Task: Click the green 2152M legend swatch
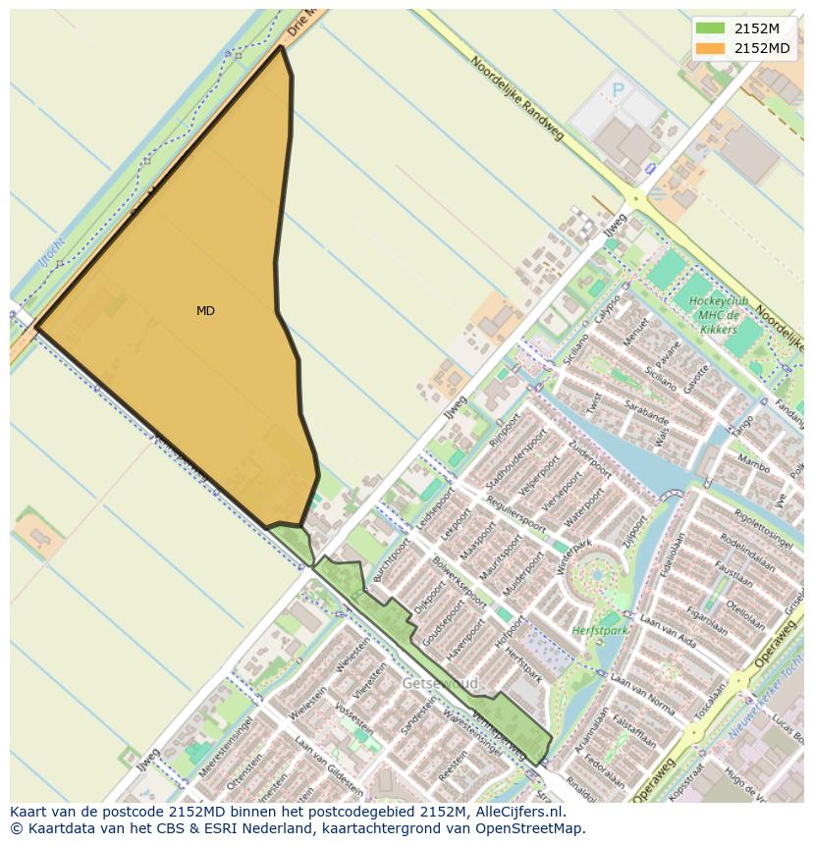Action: pyautogui.click(x=709, y=27)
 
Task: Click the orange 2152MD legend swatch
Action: pyautogui.click(x=709, y=48)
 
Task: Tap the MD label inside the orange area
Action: pyautogui.click(x=205, y=311)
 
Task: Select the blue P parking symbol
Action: pyautogui.click(x=618, y=90)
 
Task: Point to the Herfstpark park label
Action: pyautogui.click(x=600, y=630)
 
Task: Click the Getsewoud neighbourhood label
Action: pyautogui.click(x=440, y=683)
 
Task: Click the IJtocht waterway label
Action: pyautogui.click(x=51, y=253)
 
